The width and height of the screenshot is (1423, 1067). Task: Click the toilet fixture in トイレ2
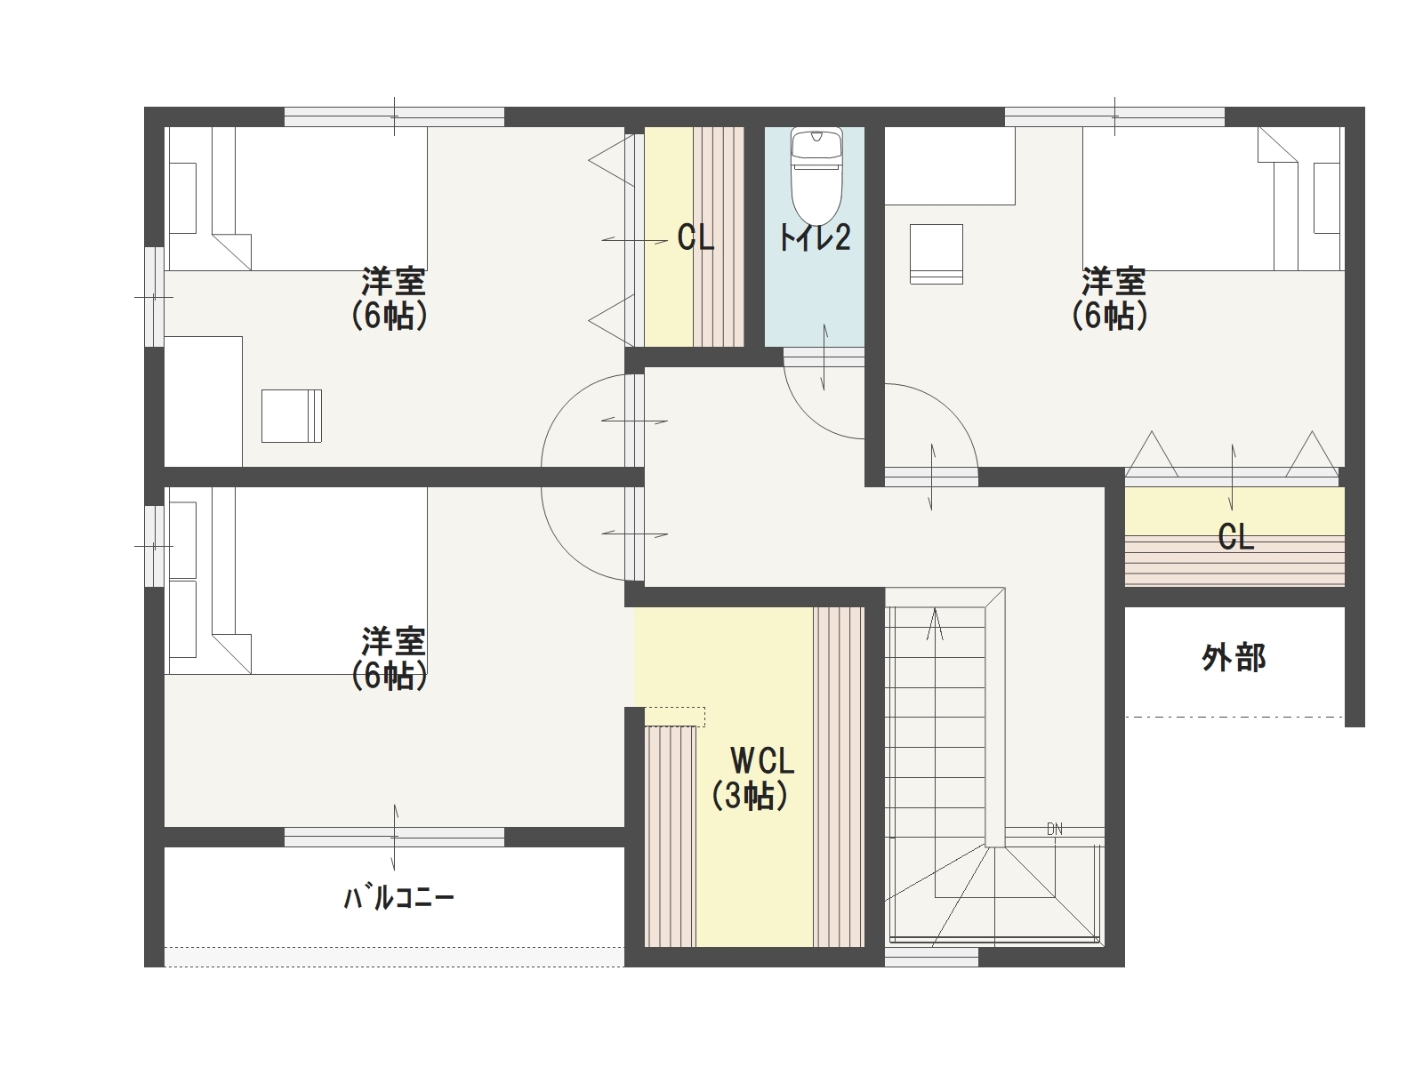click(x=816, y=175)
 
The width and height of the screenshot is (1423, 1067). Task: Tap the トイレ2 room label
click(x=815, y=237)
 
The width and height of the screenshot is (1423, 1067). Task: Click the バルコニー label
click(x=398, y=897)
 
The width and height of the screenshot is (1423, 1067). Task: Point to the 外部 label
click(x=1234, y=658)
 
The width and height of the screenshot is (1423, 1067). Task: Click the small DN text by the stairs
click(x=1055, y=829)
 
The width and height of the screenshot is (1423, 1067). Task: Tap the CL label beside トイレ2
click(x=695, y=237)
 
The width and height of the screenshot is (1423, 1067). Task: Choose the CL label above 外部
click(x=1236, y=537)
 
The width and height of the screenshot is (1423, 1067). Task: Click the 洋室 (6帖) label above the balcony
click(x=390, y=658)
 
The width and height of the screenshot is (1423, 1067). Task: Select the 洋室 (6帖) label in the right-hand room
click(x=1110, y=298)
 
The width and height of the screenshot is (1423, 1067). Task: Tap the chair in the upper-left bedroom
click(x=292, y=416)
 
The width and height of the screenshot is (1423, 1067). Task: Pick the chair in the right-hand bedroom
click(x=937, y=254)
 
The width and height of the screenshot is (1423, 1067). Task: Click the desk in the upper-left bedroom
click(x=204, y=401)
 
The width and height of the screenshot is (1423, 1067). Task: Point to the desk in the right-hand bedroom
click(x=951, y=166)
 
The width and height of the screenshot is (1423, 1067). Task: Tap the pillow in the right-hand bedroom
click(x=1327, y=198)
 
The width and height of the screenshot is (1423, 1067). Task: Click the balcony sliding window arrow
click(x=394, y=837)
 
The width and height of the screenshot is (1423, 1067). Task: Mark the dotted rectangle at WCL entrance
click(x=674, y=717)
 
